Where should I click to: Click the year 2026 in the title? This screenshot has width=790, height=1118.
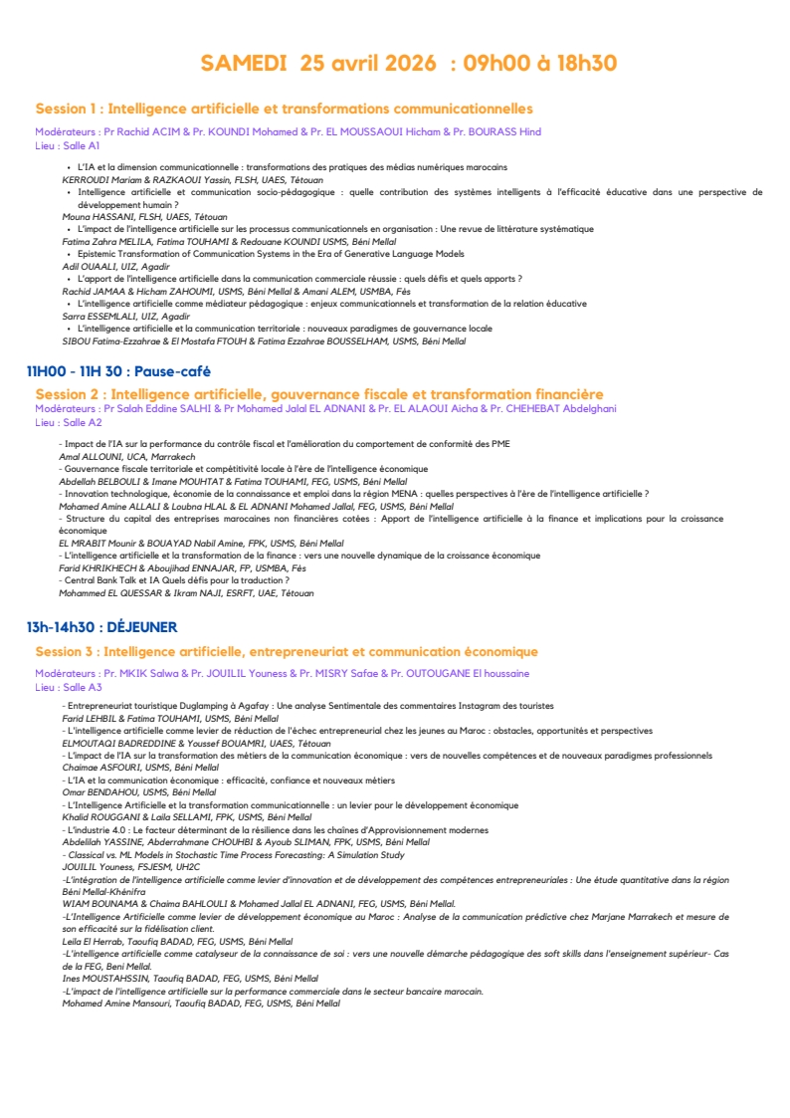point(402,64)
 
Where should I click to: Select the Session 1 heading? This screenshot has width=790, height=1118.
point(284,109)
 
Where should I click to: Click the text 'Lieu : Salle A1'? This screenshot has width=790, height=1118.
point(68,145)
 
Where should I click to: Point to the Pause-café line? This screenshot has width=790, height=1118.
point(118,371)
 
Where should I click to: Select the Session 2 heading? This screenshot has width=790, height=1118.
point(318,394)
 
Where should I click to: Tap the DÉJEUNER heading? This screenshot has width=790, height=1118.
point(101,627)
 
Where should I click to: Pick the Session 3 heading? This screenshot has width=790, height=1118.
point(286,652)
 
